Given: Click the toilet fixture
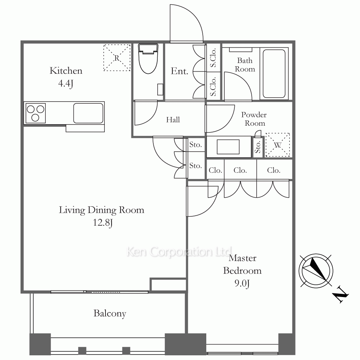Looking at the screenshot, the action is point(148,59).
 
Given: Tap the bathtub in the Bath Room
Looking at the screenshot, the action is point(274,74).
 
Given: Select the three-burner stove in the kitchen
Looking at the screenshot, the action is point(36,113).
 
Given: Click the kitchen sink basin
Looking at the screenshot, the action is point(89,113).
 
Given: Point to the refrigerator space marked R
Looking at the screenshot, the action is point(117,58).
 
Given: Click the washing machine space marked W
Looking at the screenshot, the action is point(278,145).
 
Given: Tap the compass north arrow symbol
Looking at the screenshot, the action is point(316,271).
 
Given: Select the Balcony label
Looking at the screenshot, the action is point(110,314).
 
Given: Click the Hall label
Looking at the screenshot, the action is point(173,120).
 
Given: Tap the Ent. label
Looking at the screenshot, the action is point(179,71).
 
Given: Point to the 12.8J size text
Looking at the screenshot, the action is point(103,222).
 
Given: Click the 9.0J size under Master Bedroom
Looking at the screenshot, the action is point(242,283).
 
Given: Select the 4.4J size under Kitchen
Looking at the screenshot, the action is point(66,83).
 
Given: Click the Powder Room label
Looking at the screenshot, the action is point(254,119).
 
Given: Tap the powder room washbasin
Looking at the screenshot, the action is point(229,147).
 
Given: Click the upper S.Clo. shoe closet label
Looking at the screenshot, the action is point(213,58).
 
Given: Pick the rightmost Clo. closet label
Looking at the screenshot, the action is point(274,170).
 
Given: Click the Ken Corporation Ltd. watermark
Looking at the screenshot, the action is point(180,252).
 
